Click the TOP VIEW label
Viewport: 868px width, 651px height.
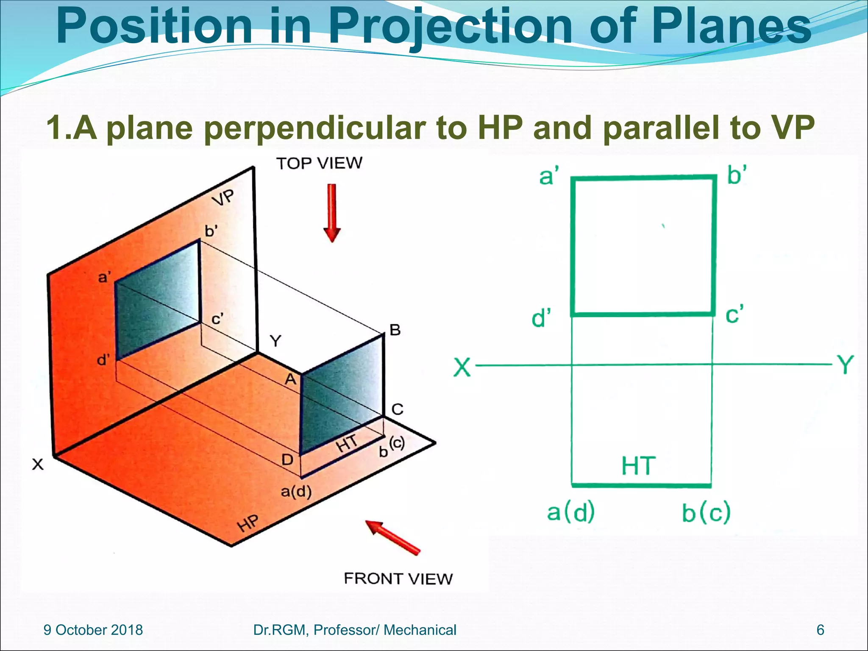(319, 163)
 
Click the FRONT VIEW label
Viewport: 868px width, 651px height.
(398, 579)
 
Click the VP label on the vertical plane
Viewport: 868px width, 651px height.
(223, 197)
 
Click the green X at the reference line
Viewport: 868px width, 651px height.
(462, 367)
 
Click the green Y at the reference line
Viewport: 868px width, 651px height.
(845, 365)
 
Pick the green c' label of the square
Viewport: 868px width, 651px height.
(734, 314)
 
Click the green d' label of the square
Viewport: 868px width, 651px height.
(541, 318)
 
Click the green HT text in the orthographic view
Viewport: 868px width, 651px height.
(639, 466)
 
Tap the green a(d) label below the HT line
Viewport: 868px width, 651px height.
(571, 512)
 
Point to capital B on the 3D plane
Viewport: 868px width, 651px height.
(395, 330)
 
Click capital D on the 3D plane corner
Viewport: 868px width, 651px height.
(287, 459)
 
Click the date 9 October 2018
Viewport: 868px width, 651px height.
(93, 630)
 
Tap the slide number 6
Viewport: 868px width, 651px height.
(820, 630)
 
